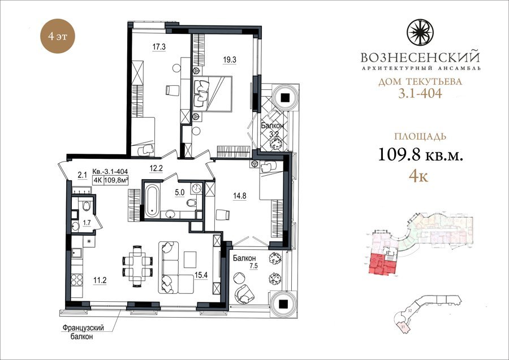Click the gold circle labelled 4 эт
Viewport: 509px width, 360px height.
tap(58, 36)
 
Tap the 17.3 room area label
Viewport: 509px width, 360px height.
tap(159, 47)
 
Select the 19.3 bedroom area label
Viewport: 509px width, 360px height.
tap(230, 60)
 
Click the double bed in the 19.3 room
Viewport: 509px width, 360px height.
tap(212, 94)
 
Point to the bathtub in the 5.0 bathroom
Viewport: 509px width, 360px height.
tap(151, 201)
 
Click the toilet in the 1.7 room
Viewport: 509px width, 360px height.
tap(87, 206)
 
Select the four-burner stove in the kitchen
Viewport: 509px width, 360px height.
tap(77, 280)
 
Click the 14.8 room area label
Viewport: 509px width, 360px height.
tap(240, 196)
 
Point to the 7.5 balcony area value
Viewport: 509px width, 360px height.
tap(254, 266)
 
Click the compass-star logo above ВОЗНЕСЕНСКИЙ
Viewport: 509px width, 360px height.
tap(420, 32)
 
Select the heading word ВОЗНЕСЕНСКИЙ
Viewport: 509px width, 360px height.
tap(420, 58)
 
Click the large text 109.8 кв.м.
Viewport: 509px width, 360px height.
tap(420, 154)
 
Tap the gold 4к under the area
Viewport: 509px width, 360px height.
tap(419, 176)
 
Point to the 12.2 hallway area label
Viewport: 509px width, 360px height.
tap(156, 168)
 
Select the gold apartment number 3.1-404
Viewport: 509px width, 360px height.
tap(420, 93)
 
